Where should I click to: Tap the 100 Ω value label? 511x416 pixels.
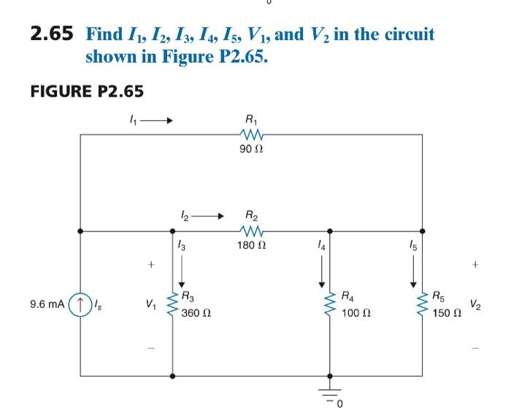(x=356, y=312)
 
